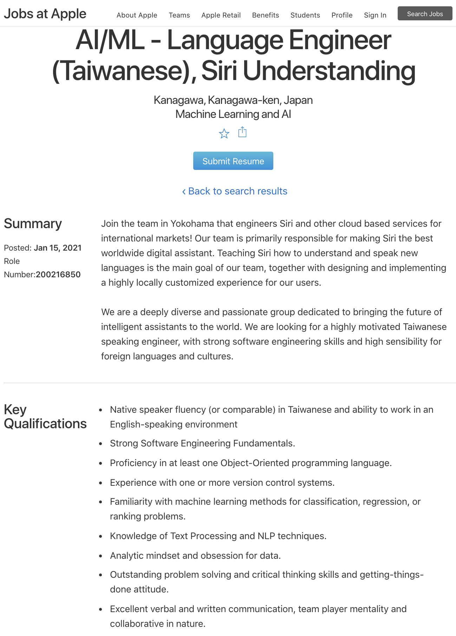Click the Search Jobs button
[425, 14]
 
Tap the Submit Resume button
[233, 161]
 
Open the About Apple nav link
[137, 15]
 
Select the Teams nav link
[179, 15]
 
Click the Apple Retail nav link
[221, 15]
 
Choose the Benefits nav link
[265, 15]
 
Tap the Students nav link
[305, 15]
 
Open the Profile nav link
[342, 15]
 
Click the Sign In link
[375, 15]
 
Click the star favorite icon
[224, 134]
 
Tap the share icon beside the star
[242, 132]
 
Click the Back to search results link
[235, 191]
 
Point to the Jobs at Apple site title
[45, 14]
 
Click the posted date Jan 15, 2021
[58, 248]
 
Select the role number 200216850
[58, 274]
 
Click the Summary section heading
[33, 224]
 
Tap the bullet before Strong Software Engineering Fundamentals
[101, 444]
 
